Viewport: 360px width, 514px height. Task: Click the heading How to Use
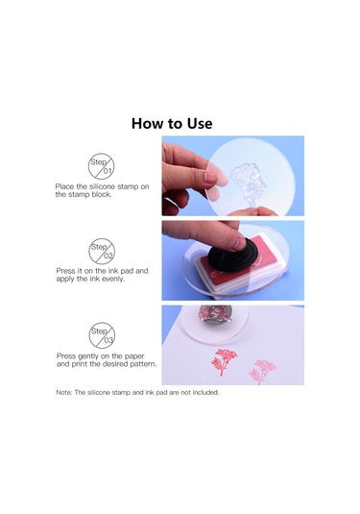[x=172, y=124]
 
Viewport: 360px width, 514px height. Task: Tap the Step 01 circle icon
[x=101, y=166]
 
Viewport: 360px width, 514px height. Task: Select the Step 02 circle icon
[x=102, y=251]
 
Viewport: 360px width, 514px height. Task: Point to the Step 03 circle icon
[x=102, y=335]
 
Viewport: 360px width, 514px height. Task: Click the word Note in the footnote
[x=63, y=392]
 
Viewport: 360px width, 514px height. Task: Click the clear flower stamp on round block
[x=247, y=184]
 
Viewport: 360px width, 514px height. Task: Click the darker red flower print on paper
[x=224, y=361]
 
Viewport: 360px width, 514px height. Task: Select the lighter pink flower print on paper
[x=262, y=372]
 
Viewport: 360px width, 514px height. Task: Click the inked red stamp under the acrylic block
[x=215, y=313]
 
